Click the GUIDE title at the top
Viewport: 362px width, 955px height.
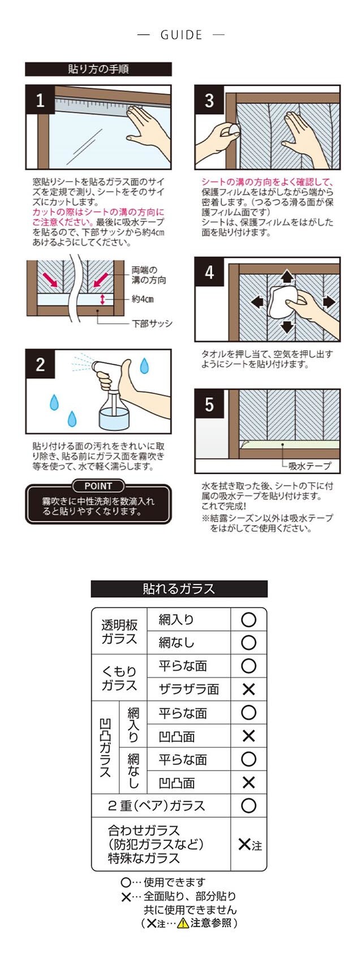coord(181,35)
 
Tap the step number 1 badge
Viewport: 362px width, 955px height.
coord(40,100)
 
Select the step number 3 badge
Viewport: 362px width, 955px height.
coord(209,100)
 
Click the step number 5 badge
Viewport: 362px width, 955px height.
coord(209,404)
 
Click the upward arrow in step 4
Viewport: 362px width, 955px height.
coord(287,276)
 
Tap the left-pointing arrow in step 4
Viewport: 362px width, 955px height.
coord(257,302)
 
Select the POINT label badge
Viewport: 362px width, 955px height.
coord(98,485)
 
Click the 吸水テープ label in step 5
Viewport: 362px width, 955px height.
coord(309,466)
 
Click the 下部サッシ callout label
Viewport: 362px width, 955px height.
coord(152,324)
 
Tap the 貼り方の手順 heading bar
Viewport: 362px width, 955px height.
coord(98,69)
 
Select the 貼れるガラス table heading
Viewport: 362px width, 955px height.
coord(179,589)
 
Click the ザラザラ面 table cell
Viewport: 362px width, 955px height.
coord(189,689)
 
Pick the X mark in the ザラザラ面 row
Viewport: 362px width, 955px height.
coord(248,690)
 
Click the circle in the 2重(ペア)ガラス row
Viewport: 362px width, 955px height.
coord(248,805)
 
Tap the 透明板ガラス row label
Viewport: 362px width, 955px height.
coord(119,632)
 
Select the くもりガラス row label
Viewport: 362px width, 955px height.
coord(119,678)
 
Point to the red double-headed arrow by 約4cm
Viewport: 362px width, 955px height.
coord(102,299)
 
